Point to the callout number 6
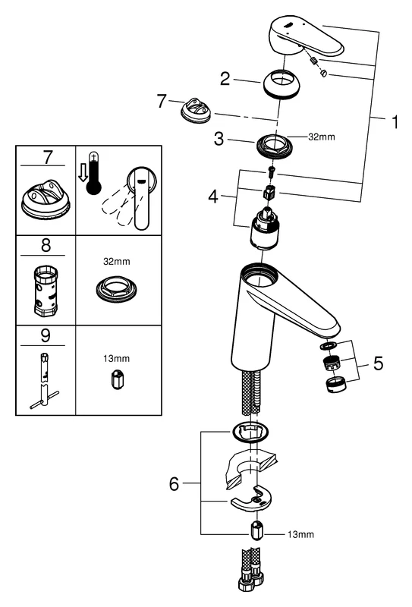click(174, 484)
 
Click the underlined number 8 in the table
click(46, 246)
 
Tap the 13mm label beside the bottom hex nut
click(301, 535)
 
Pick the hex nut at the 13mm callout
click(256, 533)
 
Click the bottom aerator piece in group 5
click(335, 385)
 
